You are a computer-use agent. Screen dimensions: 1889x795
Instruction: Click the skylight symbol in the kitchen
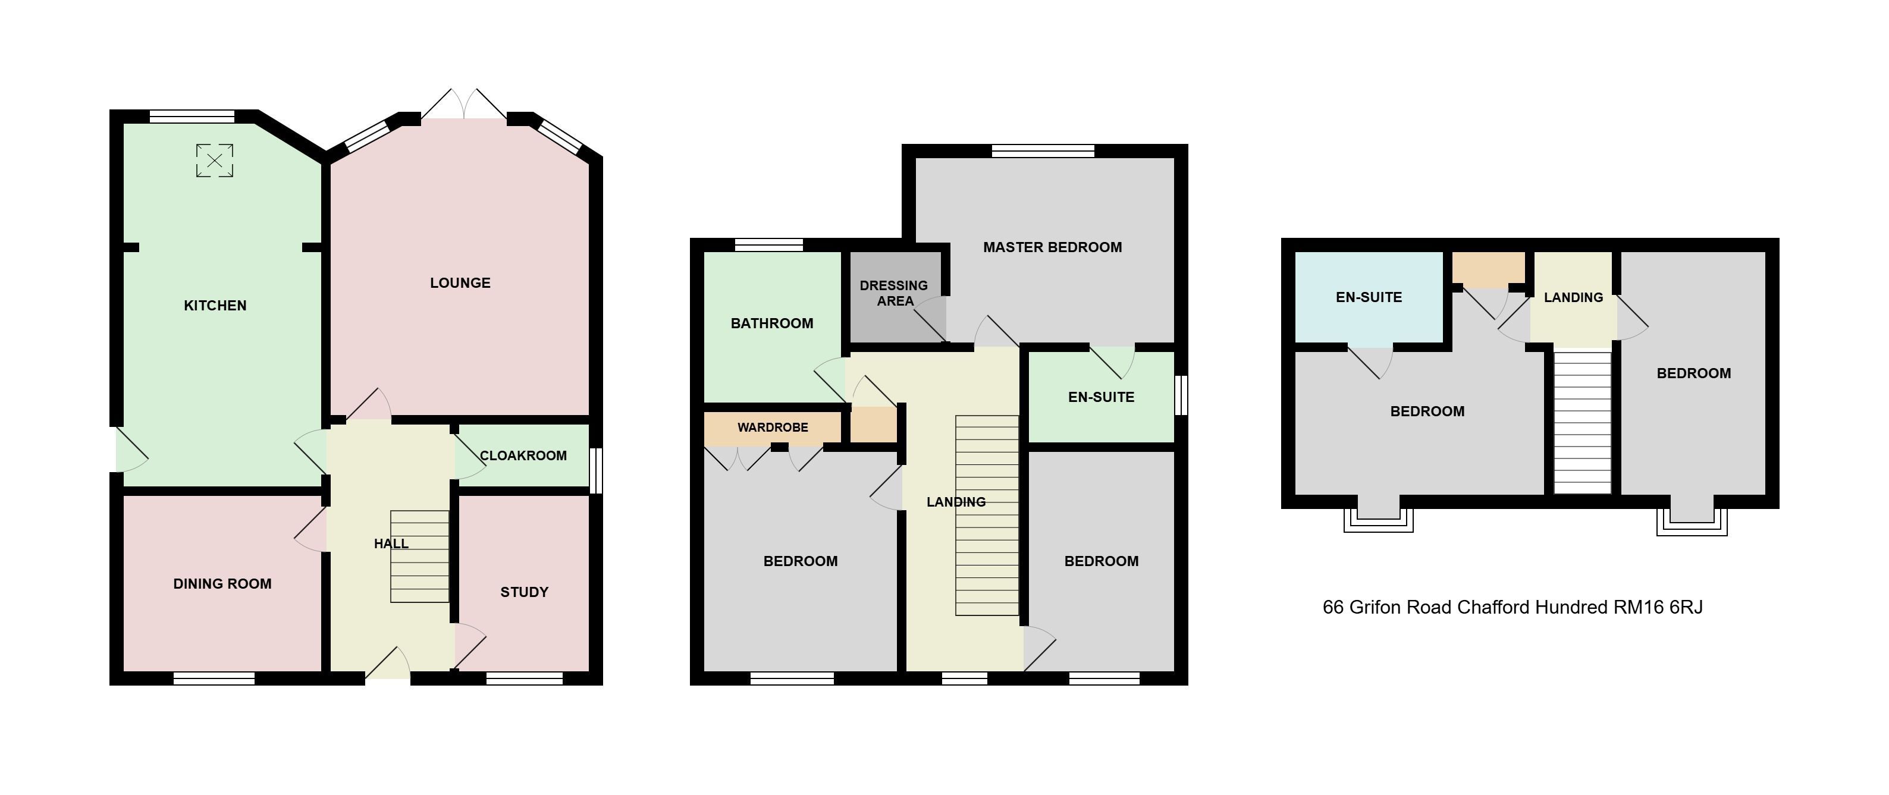215,161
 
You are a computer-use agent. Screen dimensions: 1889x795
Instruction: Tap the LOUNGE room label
460,283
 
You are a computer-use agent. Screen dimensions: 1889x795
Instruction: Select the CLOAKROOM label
523,455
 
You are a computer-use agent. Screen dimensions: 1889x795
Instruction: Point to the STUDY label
525,592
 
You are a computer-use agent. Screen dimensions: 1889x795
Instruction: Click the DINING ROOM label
222,584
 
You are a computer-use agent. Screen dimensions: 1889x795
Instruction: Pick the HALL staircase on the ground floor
419,557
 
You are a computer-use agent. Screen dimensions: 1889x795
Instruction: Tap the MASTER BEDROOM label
1052,247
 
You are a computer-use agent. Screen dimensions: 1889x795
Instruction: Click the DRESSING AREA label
894,293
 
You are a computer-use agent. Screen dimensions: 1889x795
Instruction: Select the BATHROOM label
772,323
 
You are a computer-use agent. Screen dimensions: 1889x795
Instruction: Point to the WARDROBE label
773,427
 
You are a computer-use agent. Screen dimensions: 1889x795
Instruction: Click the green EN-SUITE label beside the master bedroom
1102,397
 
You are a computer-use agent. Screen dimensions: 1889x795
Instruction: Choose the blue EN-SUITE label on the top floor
1369,297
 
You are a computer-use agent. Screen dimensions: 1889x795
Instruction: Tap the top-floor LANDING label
1574,297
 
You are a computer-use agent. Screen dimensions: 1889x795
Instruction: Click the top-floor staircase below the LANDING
1583,422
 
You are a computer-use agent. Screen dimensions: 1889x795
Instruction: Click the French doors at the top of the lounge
463,104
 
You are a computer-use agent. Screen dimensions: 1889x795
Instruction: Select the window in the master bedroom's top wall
1043,151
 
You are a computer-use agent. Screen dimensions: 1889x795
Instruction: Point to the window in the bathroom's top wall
769,245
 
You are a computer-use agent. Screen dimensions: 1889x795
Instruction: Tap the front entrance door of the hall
388,663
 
